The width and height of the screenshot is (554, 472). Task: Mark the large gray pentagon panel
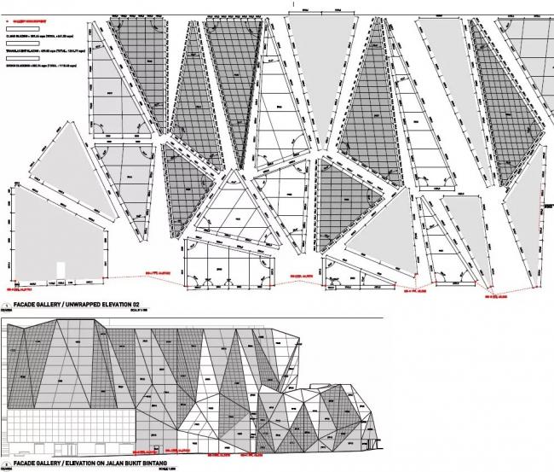[55, 235]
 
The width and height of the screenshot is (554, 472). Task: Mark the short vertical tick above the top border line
[292, 4]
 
